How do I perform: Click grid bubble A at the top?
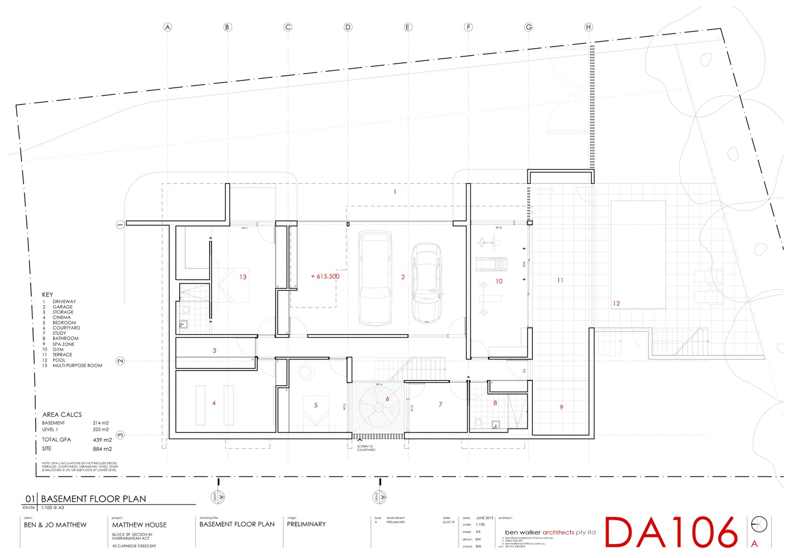[x=167, y=27]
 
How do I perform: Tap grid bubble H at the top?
[x=588, y=27]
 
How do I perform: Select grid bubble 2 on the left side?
[x=120, y=361]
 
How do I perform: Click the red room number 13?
[x=243, y=277]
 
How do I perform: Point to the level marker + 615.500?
[x=325, y=276]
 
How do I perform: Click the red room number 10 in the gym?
[x=499, y=281]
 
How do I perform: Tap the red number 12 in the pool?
[x=616, y=304]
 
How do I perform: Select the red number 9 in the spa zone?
[x=561, y=407]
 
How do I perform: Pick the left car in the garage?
[x=374, y=277]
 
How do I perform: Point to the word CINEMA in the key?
[x=61, y=318]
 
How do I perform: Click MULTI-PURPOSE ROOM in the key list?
[x=77, y=365]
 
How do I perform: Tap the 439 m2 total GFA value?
[x=102, y=440]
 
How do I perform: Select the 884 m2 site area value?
[x=102, y=449]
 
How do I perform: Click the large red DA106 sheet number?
[x=672, y=532]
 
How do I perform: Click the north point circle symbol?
[x=759, y=525]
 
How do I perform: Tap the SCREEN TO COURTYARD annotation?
[x=366, y=448]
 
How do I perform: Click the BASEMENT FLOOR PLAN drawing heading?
[x=94, y=499]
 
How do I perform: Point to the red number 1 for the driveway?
[x=394, y=192]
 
